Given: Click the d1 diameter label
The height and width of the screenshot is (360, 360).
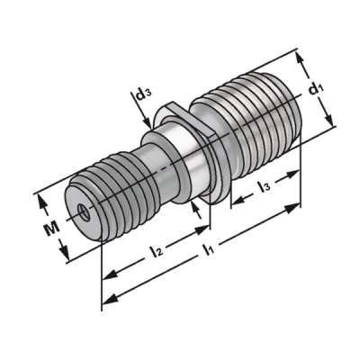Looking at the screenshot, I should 314,89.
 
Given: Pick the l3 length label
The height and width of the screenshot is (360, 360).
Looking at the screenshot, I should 265,186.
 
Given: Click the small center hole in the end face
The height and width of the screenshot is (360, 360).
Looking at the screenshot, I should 82,212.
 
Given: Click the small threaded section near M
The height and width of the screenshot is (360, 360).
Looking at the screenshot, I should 112,198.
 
